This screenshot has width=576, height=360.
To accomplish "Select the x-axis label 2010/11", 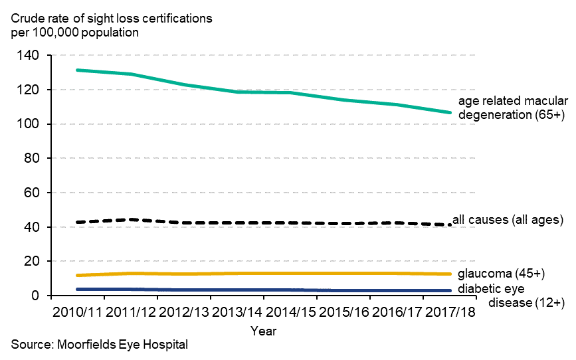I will coord(78,312).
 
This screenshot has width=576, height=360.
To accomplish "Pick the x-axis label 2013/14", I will coord(237,312).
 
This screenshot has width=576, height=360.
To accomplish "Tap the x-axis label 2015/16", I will coord(343,312).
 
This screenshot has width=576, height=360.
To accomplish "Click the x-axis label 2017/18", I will coord(450,312).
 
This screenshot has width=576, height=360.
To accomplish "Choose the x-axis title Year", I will coord(264,330).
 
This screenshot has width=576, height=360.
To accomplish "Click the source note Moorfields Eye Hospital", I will coord(100,345).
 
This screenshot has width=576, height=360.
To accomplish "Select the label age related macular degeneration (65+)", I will coord(513,108).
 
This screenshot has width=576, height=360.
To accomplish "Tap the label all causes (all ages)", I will coord(508,219).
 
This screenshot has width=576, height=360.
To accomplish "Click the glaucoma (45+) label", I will coord(502,273).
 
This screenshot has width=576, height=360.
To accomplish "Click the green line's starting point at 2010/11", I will coord(78,70).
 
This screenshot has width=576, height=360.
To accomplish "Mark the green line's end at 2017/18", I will coord(450,112).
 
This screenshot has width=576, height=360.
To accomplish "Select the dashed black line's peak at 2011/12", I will coord(131,219).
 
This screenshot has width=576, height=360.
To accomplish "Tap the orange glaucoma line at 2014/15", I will coord(290,273).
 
